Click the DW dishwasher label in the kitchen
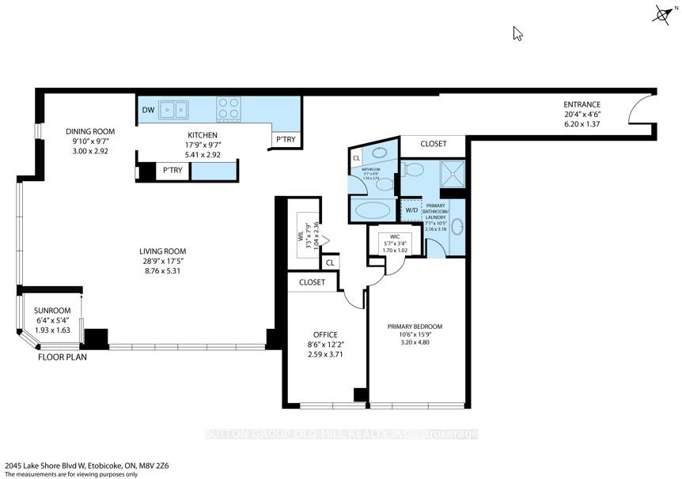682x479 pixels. pyautogui.click(x=149, y=110)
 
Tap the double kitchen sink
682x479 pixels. pyautogui.click(x=173, y=109)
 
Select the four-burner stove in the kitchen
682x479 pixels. pyautogui.click(x=229, y=108)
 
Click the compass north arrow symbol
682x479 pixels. pyautogui.click(x=663, y=13)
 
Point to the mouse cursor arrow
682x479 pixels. pyautogui.click(x=517, y=33)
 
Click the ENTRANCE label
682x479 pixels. pyautogui.click(x=582, y=104)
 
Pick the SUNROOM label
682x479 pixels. pyautogui.click(x=52, y=311)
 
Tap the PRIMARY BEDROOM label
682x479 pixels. pyautogui.click(x=415, y=326)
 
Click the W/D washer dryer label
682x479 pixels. pyautogui.click(x=411, y=210)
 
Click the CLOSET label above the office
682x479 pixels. pyautogui.click(x=312, y=282)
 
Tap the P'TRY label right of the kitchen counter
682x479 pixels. pyautogui.click(x=286, y=140)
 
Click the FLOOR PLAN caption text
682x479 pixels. pyautogui.click(x=63, y=356)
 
